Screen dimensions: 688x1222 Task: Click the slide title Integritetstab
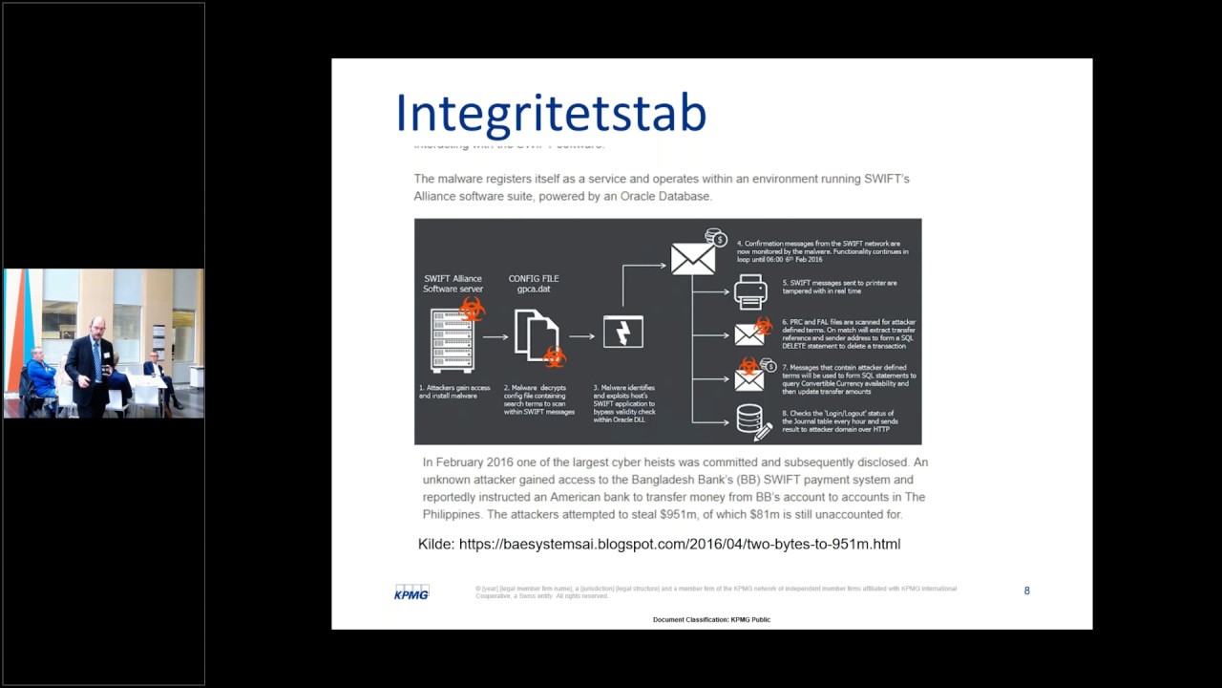pos(551,113)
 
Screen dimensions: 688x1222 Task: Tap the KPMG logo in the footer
pos(411,592)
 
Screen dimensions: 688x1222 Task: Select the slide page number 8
pos(1027,591)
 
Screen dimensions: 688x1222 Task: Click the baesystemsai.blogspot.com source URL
pos(680,544)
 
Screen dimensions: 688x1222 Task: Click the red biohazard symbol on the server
pos(472,309)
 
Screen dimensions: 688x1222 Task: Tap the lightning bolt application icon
pos(623,333)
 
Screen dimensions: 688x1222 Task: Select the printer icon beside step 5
pos(750,290)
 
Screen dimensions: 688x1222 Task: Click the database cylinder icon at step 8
pos(749,419)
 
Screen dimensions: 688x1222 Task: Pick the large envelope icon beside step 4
pos(693,258)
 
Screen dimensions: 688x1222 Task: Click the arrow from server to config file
pos(495,337)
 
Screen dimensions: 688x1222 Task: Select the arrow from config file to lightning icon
pos(580,337)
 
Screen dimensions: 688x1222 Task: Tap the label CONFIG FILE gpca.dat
pos(534,284)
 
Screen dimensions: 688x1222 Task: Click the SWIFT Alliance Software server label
pos(453,284)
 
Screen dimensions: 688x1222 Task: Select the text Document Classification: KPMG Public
pos(711,620)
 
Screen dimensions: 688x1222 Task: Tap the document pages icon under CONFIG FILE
pos(537,335)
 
